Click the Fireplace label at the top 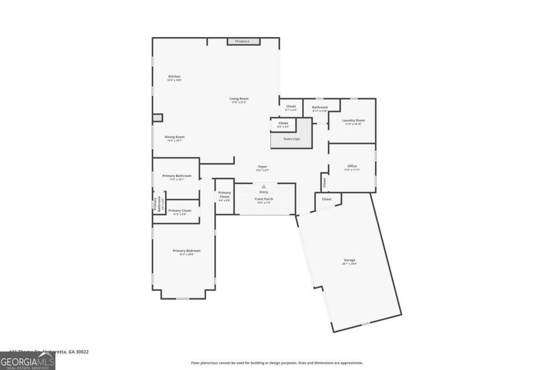pos(242,42)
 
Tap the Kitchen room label pos(174,76)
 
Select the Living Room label pos(239,99)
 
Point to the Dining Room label pos(175,137)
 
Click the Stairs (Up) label pos(291,139)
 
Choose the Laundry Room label pos(353,120)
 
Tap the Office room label pos(352,166)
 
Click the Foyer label pos(262,166)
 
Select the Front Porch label pos(264,199)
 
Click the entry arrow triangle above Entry pos(264,186)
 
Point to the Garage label pos(349,260)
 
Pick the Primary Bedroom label pos(187,251)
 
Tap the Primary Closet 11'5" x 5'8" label pos(180,210)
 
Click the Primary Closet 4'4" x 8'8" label pos(224,195)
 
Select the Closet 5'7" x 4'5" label pos(291,106)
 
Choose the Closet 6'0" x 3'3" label pos(283,123)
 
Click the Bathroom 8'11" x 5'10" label pos(319,107)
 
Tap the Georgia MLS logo pos(28,360)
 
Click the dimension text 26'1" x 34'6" pos(349,264)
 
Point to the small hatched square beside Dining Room pos(158,118)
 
